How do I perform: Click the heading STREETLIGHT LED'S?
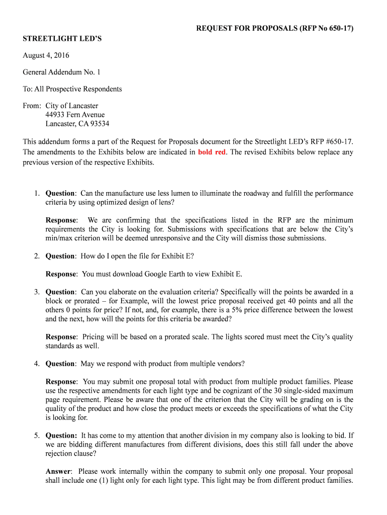62,38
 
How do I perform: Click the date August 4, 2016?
46,55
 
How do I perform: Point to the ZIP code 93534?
99,124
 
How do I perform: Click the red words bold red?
212,152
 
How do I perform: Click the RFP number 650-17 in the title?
340,29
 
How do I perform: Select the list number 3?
37,292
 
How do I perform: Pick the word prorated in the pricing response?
171,337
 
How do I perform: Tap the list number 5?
37,436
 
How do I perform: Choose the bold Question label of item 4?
61,364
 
